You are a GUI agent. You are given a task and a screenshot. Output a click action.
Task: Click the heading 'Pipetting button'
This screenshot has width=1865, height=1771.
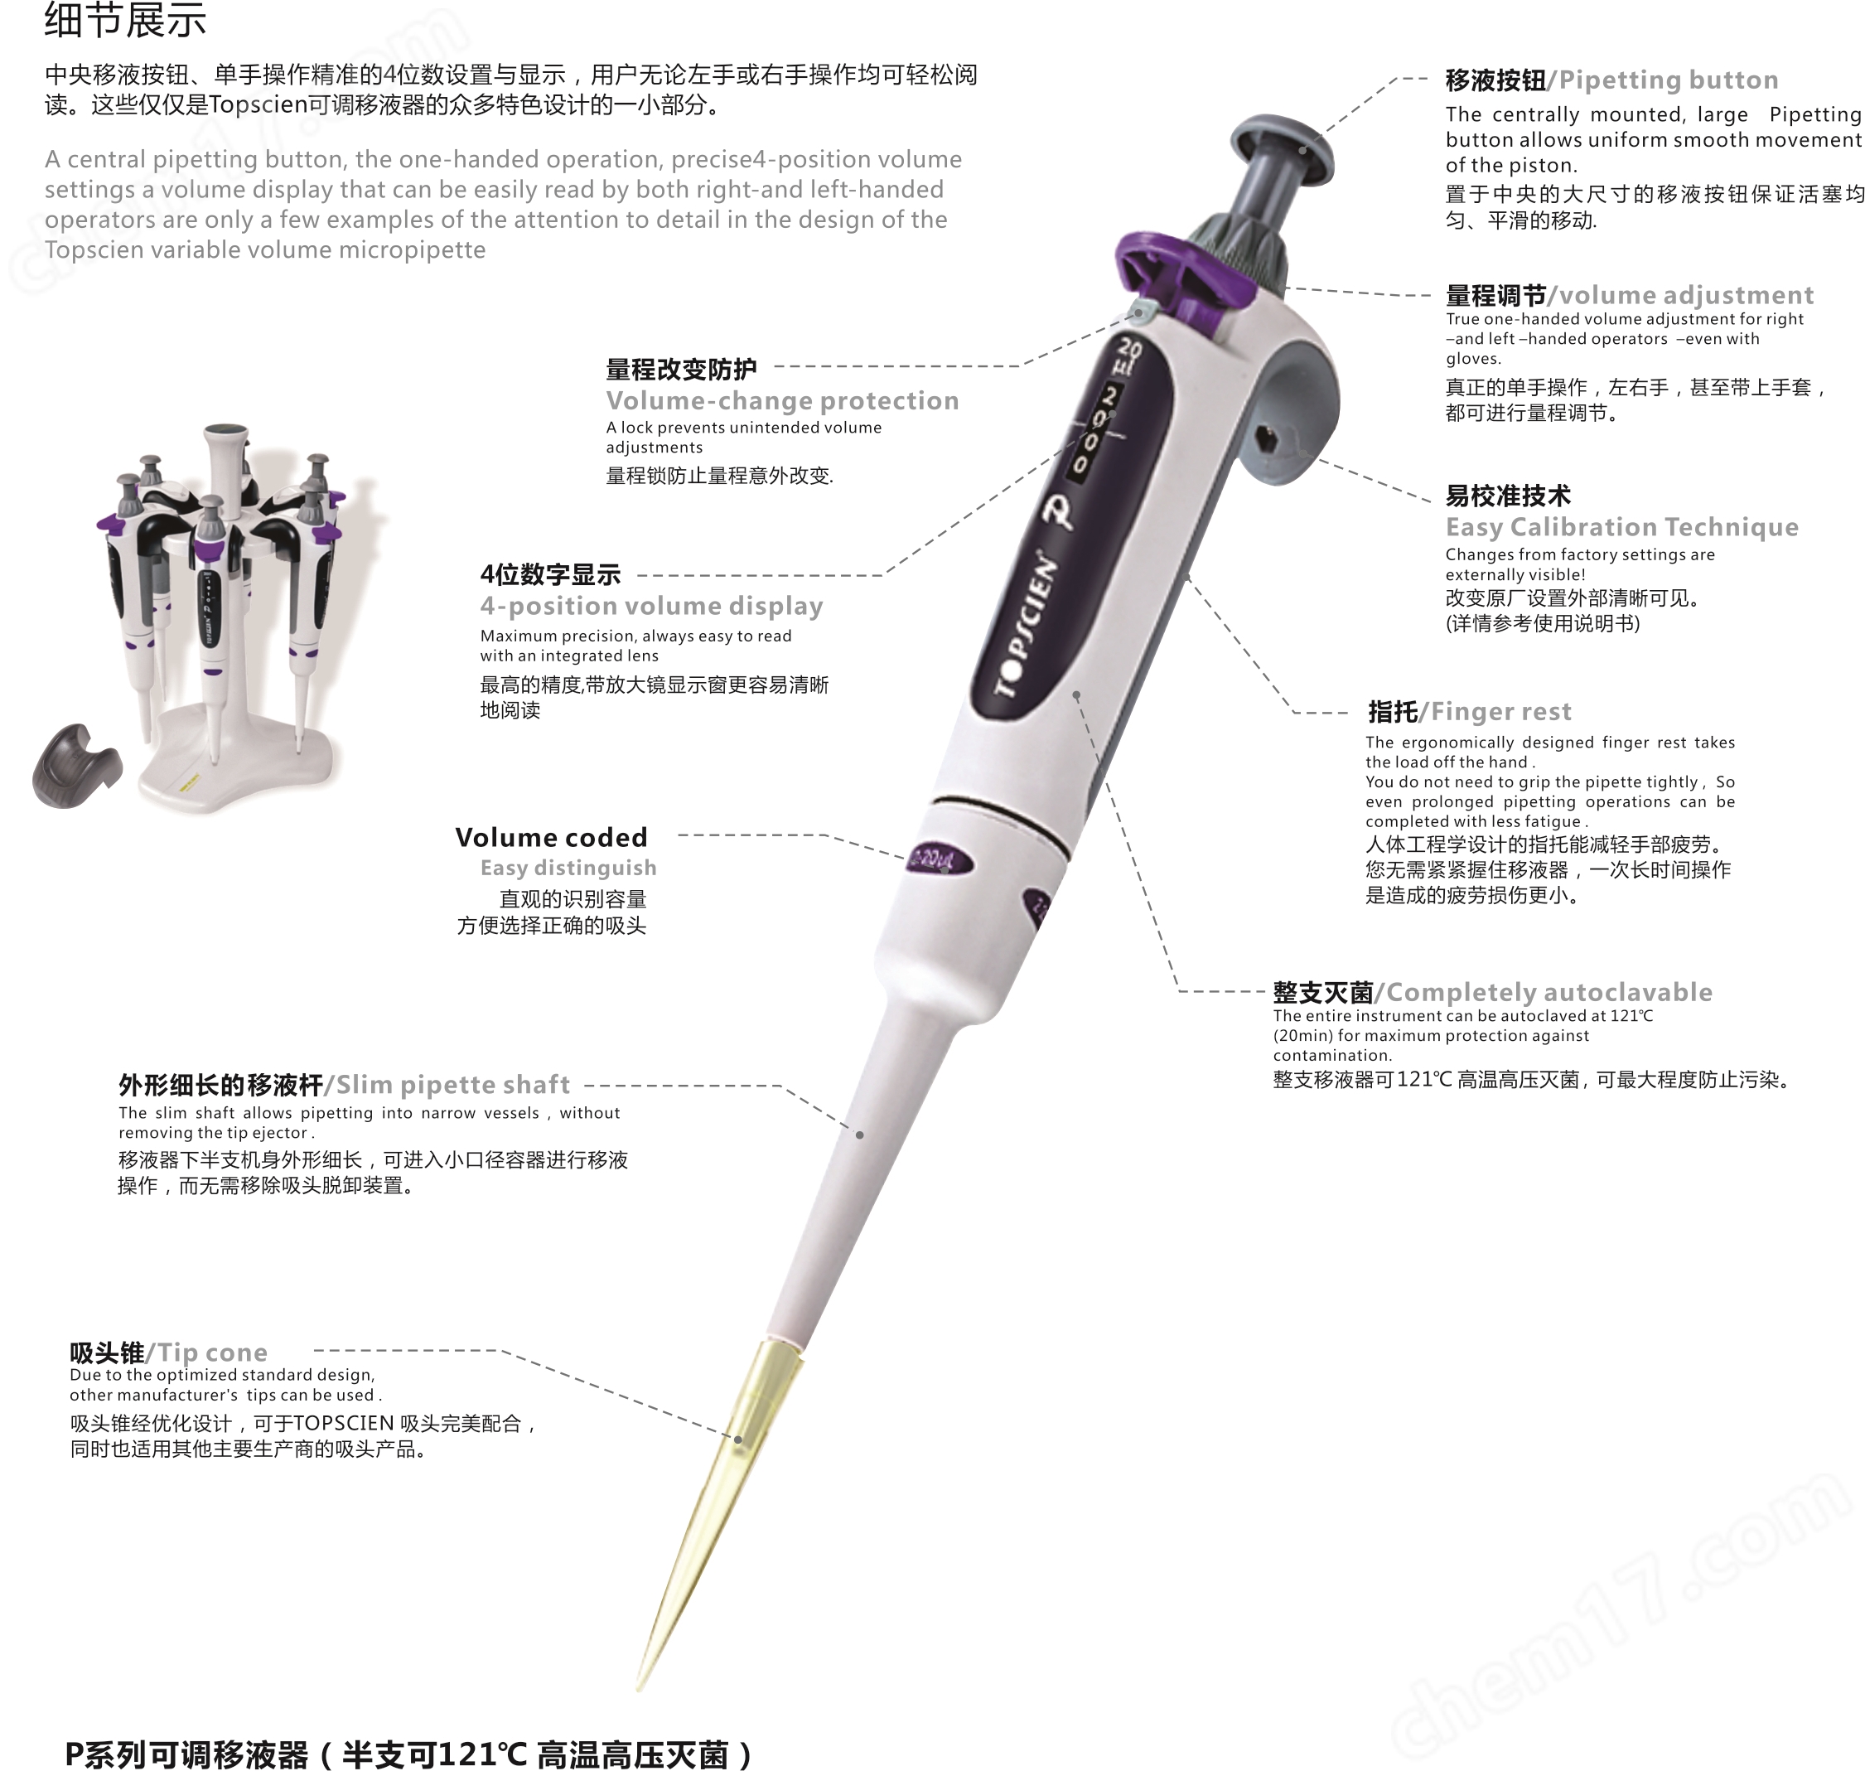(x=1667, y=80)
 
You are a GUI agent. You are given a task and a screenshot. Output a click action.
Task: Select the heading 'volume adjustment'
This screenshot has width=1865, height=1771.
(x=1684, y=296)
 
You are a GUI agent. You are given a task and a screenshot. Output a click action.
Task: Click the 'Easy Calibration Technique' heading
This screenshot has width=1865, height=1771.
(x=1621, y=527)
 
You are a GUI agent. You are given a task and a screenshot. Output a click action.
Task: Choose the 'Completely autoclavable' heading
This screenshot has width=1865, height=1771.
(x=1548, y=992)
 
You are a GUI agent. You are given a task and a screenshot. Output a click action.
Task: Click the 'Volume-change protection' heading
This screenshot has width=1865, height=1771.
(x=781, y=400)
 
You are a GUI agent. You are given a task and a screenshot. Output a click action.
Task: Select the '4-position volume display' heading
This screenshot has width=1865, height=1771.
(x=651, y=606)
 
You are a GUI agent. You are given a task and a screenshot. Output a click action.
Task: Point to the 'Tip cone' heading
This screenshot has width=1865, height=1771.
(x=211, y=1352)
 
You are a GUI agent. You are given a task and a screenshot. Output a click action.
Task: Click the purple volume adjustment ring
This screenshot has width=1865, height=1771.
(x=1180, y=273)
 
